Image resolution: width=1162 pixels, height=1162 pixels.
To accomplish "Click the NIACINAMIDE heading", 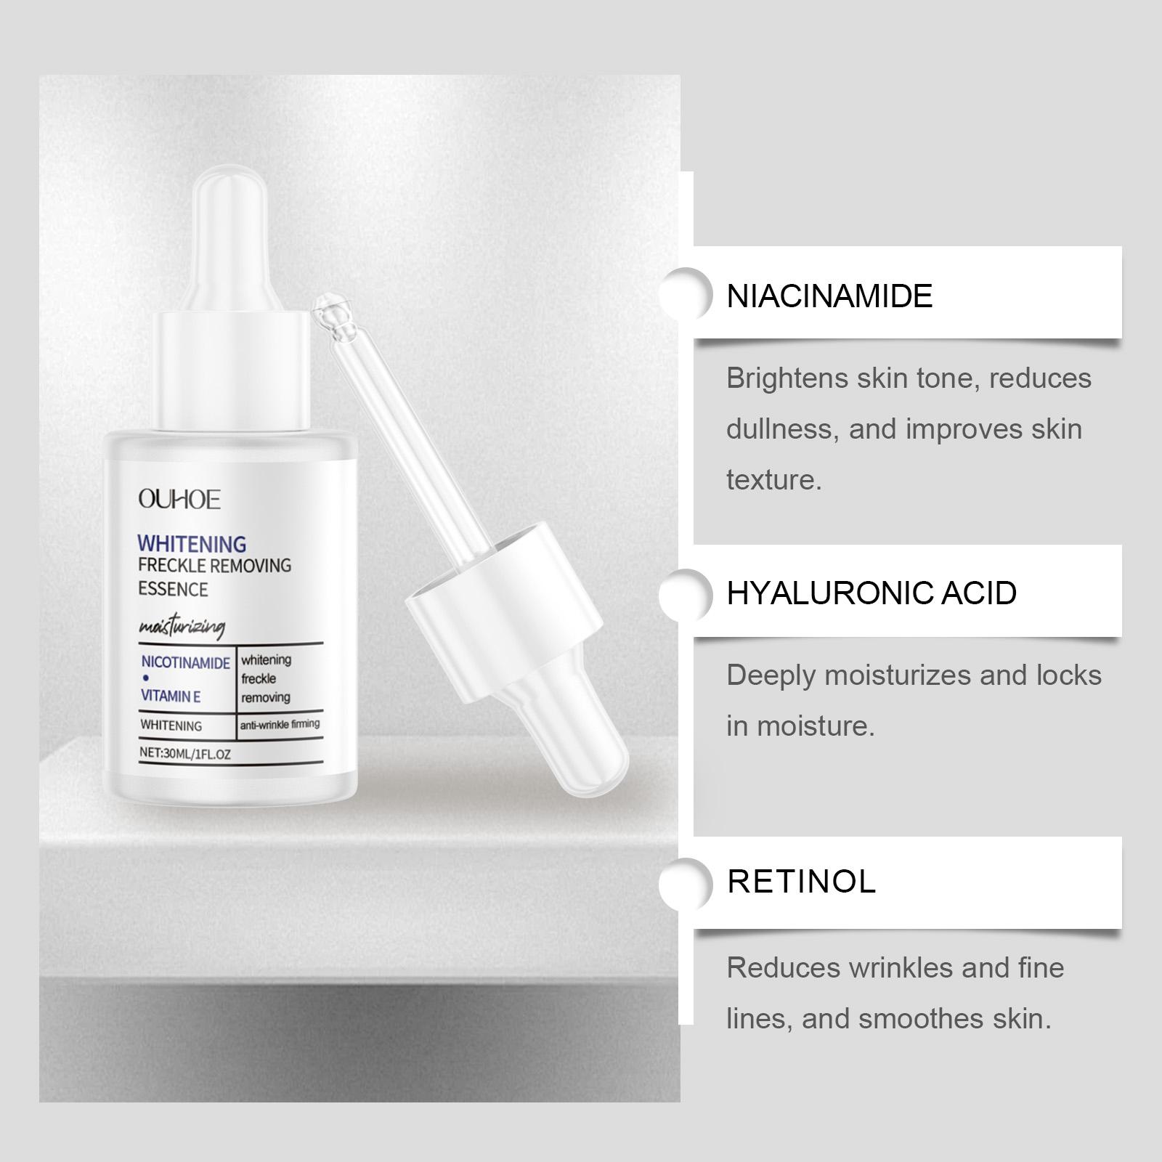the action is coord(829,296).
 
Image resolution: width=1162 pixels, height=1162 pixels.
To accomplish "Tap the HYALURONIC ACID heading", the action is coord(871,593).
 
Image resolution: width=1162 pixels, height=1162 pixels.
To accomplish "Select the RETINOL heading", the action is coord(802,882).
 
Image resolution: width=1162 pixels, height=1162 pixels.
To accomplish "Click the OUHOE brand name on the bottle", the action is coord(179,500).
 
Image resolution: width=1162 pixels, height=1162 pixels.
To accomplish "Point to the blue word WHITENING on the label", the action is coord(192,543).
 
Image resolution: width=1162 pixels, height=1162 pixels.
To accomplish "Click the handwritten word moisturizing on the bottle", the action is coord(182,626).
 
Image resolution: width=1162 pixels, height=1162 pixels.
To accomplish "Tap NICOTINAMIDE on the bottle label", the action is coord(186,662).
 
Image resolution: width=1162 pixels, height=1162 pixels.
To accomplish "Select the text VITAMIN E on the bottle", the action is coord(171,696).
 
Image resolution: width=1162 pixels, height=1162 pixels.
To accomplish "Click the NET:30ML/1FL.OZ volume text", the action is coord(185,754).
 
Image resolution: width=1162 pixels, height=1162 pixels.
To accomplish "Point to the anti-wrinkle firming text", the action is coord(280,724).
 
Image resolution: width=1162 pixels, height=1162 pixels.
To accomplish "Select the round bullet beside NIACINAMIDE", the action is coord(686,293).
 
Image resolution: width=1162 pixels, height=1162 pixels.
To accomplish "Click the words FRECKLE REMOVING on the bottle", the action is coord(215,565).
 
